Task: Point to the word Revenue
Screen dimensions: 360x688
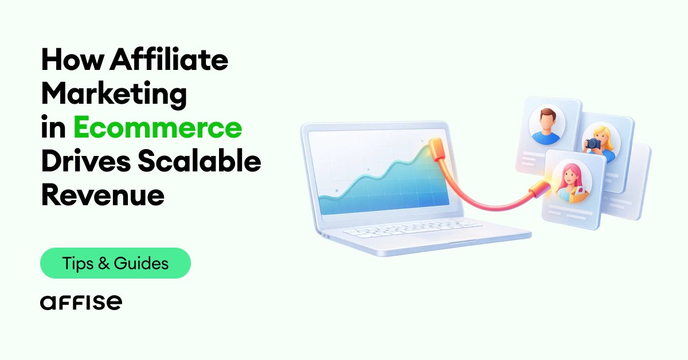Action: pos(103,196)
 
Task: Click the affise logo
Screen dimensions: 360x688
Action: pos(81,302)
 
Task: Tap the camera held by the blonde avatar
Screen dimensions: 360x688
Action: pos(592,144)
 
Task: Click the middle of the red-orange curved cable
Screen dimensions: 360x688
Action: pos(487,204)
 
